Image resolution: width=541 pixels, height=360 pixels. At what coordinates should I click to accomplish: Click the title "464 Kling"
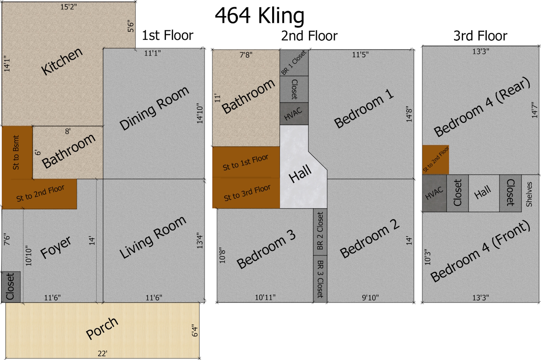click(x=259, y=16)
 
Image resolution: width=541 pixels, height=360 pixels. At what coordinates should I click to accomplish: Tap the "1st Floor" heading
click(x=167, y=35)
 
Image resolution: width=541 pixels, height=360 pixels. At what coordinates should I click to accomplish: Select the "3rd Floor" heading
click(x=480, y=36)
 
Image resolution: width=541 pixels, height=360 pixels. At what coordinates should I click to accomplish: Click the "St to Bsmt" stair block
click(x=17, y=152)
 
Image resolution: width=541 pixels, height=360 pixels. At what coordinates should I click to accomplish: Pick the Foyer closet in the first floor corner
click(x=11, y=287)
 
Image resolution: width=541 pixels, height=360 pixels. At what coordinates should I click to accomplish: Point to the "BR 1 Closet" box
click(x=294, y=63)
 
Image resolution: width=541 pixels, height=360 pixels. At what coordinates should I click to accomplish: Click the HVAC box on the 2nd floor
click(x=294, y=114)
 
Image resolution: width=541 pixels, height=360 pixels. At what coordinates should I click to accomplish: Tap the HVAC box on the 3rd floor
click(x=434, y=193)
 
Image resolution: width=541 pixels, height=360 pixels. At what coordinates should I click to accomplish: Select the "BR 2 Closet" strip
click(x=320, y=232)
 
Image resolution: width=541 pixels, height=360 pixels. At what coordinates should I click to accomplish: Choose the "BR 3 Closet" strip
click(x=320, y=279)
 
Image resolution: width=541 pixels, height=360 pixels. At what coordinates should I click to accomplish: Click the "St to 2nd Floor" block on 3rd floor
click(x=436, y=160)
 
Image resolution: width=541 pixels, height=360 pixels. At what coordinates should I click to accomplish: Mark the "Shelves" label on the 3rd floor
click(x=529, y=194)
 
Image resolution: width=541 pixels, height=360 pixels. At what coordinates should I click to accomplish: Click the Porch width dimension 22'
click(x=102, y=354)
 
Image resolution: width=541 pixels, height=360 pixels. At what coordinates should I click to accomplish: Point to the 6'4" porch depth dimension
click(x=195, y=330)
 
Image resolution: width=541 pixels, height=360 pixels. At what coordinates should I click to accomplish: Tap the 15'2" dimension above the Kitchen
click(x=69, y=7)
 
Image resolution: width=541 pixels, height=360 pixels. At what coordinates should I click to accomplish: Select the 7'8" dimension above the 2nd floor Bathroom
click(x=246, y=55)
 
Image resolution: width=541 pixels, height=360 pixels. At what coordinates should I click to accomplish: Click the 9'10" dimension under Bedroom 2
click(x=370, y=297)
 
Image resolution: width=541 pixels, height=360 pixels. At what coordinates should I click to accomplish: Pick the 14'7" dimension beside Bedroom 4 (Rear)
click(x=535, y=110)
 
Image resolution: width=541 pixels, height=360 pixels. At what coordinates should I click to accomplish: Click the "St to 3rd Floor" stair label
click(x=247, y=193)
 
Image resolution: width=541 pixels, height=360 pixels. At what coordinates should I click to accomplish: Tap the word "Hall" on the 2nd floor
click(x=300, y=174)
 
